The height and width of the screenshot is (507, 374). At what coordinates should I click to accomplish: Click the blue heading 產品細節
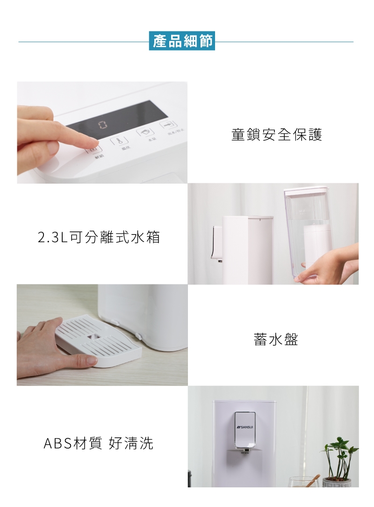pyautogui.click(x=182, y=41)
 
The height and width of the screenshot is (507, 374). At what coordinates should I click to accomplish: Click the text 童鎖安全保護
pyautogui.click(x=276, y=135)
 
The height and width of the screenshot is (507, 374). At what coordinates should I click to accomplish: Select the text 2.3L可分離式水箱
pyautogui.click(x=99, y=237)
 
